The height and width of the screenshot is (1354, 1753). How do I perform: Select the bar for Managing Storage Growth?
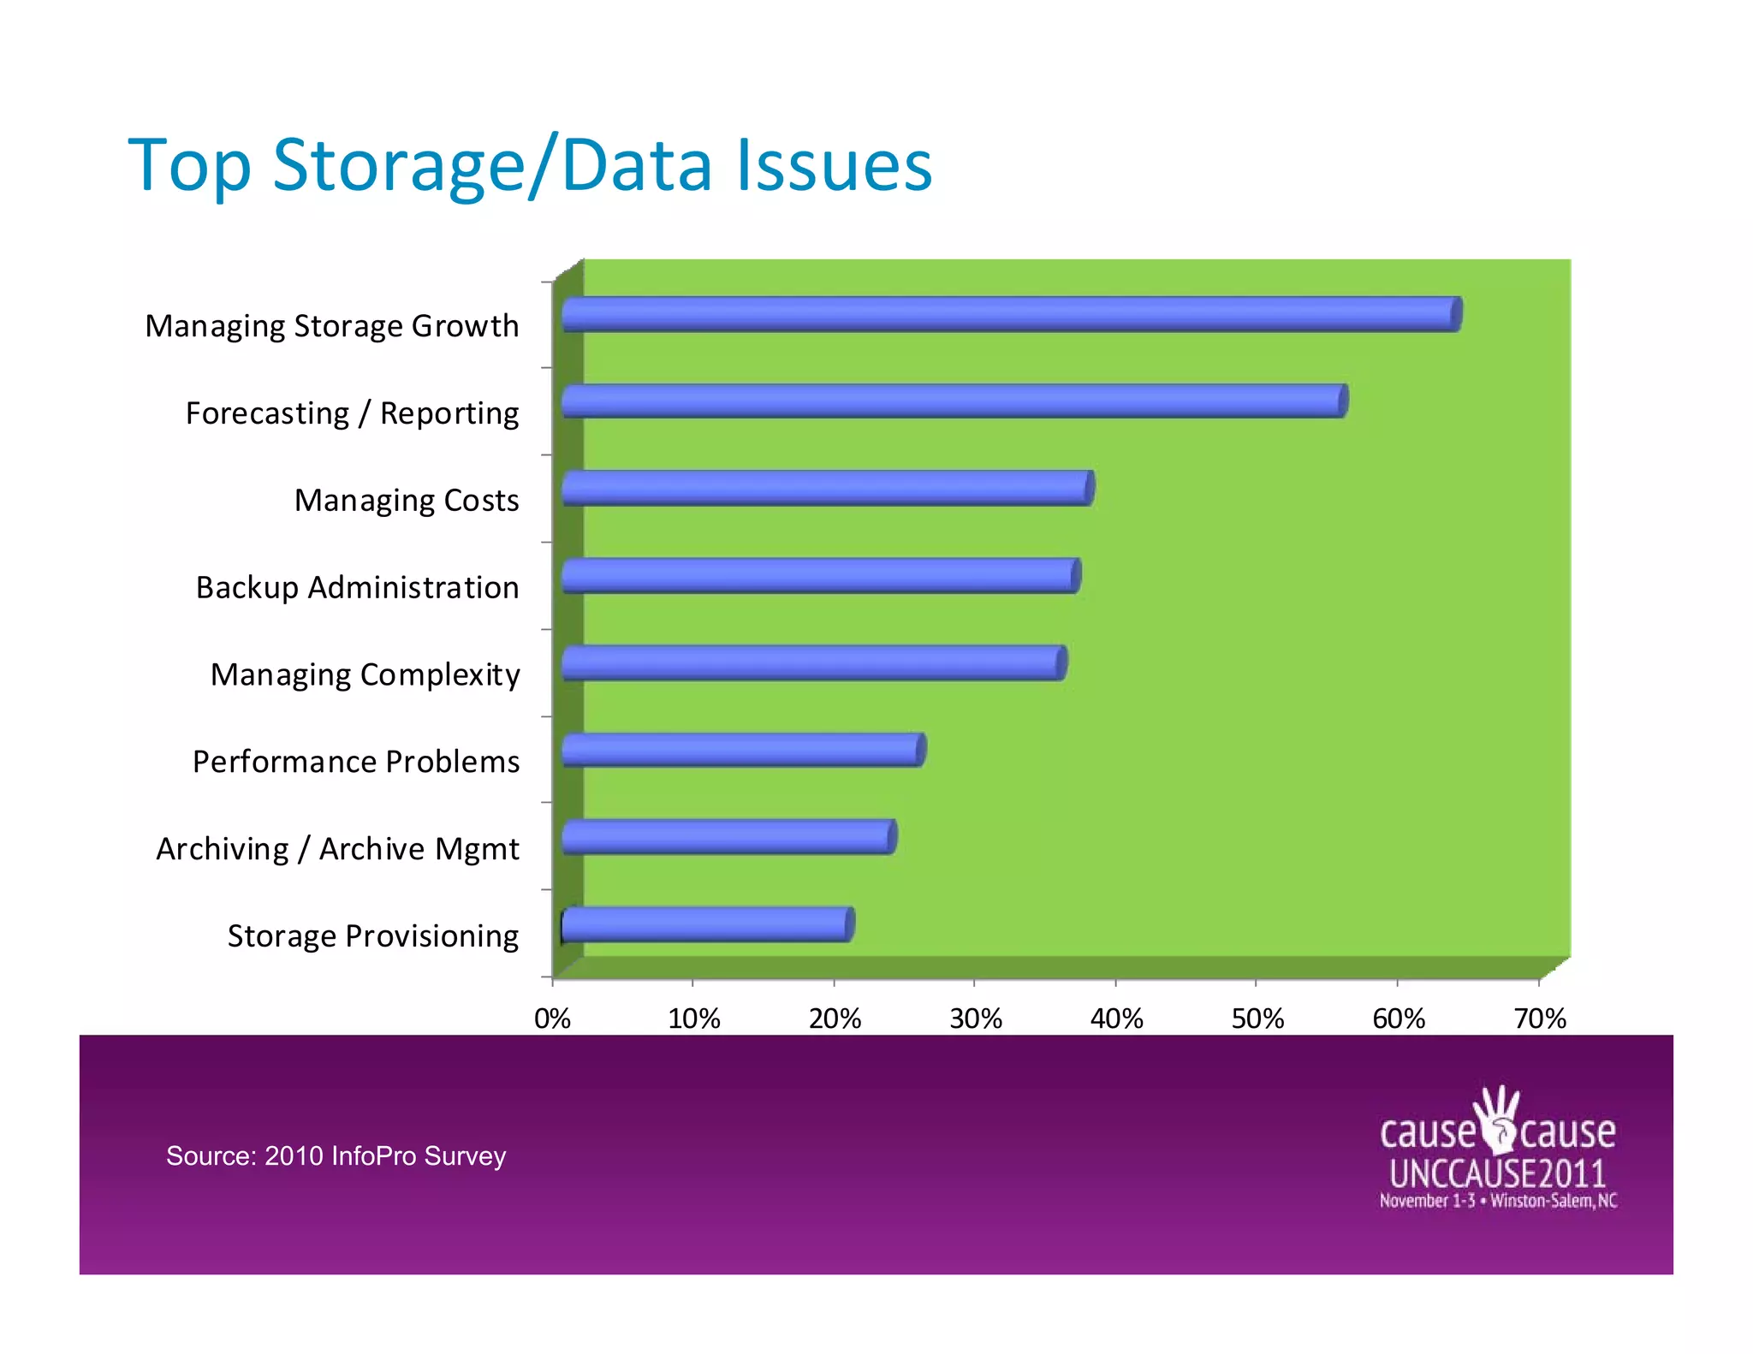[1010, 314]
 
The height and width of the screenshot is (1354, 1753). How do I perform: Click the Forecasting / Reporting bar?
[954, 401]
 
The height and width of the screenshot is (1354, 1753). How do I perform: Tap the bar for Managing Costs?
[827, 488]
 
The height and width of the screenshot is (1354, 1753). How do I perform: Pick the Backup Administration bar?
[820, 575]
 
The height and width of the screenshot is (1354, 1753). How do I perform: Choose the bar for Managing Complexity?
[813, 663]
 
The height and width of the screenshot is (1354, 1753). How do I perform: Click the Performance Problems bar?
[743, 750]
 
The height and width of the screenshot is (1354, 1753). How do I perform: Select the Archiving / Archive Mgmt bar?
[728, 837]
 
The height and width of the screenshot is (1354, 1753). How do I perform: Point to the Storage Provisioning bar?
[707, 924]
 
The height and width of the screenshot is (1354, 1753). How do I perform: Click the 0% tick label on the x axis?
[552, 1018]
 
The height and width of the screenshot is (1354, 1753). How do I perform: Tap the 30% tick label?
[975, 1018]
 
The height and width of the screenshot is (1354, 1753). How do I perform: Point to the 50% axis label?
[1257, 1018]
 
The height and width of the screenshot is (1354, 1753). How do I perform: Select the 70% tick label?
[1539, 1018]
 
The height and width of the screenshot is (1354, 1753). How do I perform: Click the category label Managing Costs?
[407, 500]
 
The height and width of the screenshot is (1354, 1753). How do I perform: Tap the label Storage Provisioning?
[372, 935]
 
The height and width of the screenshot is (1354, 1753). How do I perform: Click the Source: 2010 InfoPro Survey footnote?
[336, 1155]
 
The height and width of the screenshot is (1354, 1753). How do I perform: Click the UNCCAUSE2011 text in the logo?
[1497, 1173]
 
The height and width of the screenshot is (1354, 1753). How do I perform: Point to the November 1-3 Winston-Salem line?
[1497, 1201]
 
